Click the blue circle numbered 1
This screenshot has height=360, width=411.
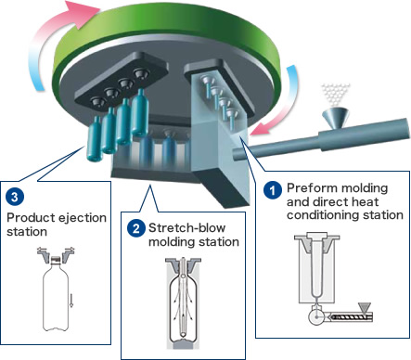pyautogui.click(x=273, y=190)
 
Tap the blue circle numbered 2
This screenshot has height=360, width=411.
pyautogui.click(x=135, y=228)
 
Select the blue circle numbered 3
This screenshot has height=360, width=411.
pyautogui.click(x=15, y=197)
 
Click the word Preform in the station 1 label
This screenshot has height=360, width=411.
pyautogui.click(x=310, y=188)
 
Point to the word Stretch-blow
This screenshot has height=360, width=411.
pyautogui.click(x=186, y=228)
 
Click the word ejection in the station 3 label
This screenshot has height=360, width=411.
pyautogui.click(x=83, y=218)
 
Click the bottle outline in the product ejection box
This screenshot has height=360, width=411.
pyautogui.click(x=56, y=294)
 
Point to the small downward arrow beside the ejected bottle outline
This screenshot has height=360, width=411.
pyautogui.click(x=71, y=301)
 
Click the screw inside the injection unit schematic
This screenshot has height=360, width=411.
pyautogui.click(x=347, y=316)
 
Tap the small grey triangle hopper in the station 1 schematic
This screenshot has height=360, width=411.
pyautogui.click(x=365, y=308)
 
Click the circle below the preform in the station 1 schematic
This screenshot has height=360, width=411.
pyautogui.click(x=315, y=317)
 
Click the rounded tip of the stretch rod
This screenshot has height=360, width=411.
pyautogui.click(x=184, y=335)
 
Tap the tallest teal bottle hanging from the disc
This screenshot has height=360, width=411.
pyautogui.click(x=140, y=113)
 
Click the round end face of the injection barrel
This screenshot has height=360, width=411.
pyautogui.click(x=238, y=154)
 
